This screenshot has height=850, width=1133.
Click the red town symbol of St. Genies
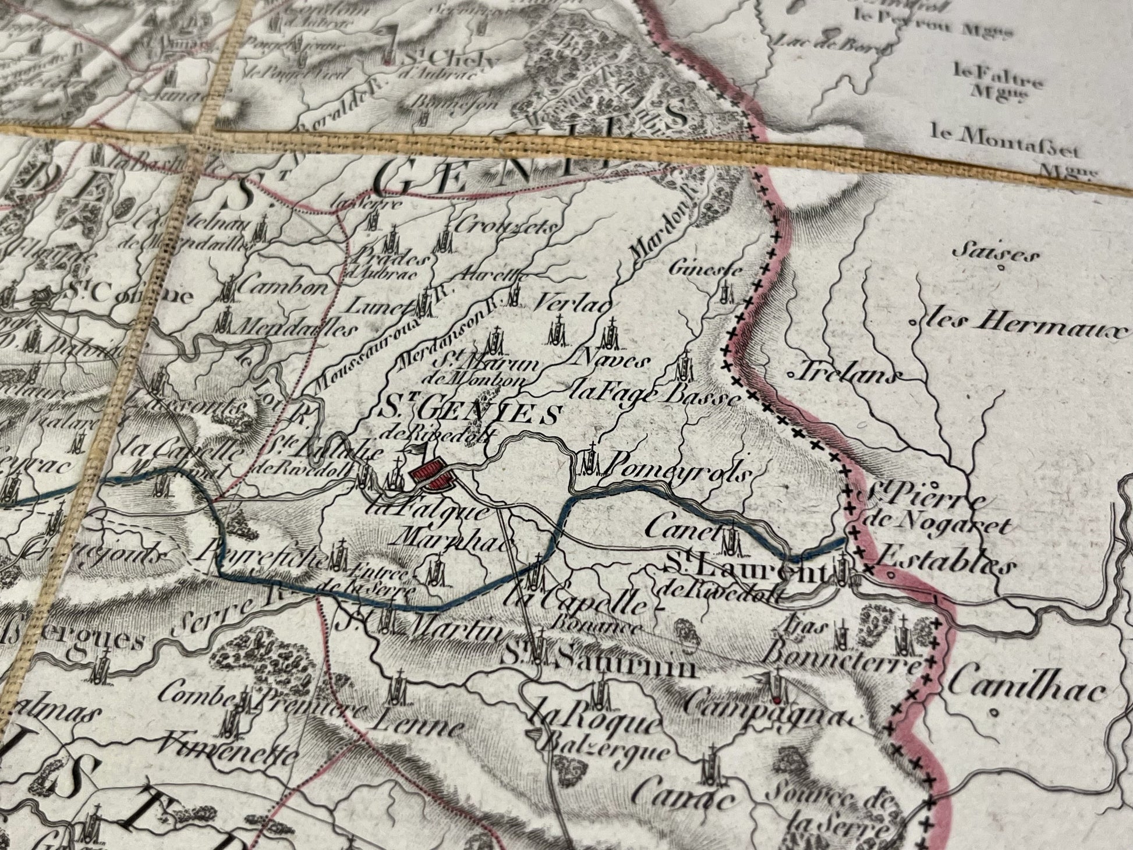[x=433, y=476]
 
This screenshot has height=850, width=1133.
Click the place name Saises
[x=990, y=254]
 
